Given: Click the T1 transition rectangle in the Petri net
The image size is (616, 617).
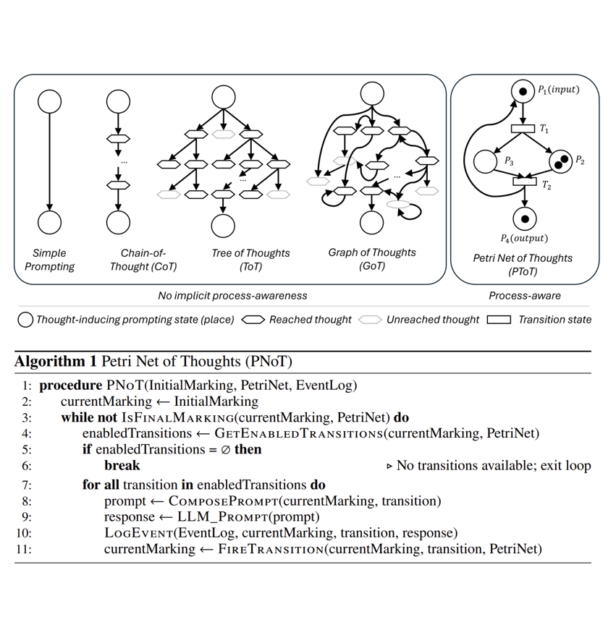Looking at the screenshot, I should (523, 129).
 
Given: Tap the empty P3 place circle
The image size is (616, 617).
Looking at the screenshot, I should (486, 161).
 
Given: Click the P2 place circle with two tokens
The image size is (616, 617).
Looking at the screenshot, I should (560, 161).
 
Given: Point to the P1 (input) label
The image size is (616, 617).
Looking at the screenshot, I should (558, 90).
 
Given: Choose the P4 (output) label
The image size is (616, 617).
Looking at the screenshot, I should (524, 237).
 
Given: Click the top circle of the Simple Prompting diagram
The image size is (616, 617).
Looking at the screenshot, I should (49, 100).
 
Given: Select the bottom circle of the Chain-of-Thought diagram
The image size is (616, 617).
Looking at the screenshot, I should (117, 223).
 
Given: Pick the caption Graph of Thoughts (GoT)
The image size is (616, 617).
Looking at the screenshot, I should (372, 259).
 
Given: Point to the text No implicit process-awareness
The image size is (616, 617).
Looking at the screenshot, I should (232, 295).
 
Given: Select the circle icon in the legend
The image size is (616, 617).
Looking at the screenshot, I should (25, 319).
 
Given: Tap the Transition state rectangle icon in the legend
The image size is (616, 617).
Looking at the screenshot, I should (499, 319).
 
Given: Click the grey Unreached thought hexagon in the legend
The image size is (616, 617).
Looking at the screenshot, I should (369, 319).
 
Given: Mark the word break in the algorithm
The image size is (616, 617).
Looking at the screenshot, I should (122, 465).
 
